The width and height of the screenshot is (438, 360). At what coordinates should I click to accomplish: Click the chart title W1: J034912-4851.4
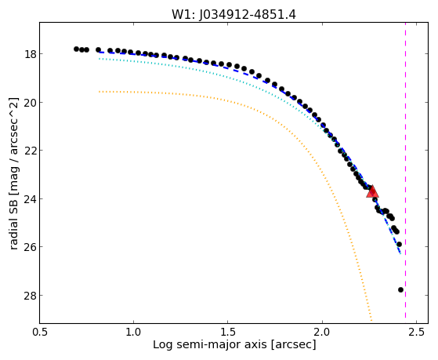click(233, 14)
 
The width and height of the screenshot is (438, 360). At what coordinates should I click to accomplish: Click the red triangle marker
click(372, 191)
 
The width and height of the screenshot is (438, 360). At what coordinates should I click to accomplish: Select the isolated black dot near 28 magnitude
click(400, 289)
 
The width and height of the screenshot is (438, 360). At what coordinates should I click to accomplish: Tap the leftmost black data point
click(76, 49)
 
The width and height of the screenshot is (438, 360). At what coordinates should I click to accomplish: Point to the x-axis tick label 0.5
click(39, 332)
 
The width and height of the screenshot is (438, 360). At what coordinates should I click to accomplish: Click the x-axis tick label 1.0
click(133, 332)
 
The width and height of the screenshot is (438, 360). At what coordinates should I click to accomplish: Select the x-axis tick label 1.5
click(228, 332)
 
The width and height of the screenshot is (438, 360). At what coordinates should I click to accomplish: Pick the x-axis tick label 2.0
click(322, 332)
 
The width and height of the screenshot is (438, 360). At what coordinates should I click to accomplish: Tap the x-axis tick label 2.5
click(416, 332)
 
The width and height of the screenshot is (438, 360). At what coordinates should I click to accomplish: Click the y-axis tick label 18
click(30, 54)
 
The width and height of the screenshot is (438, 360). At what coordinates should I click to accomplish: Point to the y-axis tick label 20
click(30, 103)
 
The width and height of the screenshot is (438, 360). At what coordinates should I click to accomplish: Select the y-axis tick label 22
click(30, 151)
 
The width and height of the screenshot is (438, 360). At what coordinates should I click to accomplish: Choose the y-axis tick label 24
click(30, 199)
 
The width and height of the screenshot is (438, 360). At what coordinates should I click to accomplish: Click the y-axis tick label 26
click(30, 247)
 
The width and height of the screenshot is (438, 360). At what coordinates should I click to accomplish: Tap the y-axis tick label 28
click(30, 296)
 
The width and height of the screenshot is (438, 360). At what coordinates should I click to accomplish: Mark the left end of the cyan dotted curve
click(99, 59)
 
